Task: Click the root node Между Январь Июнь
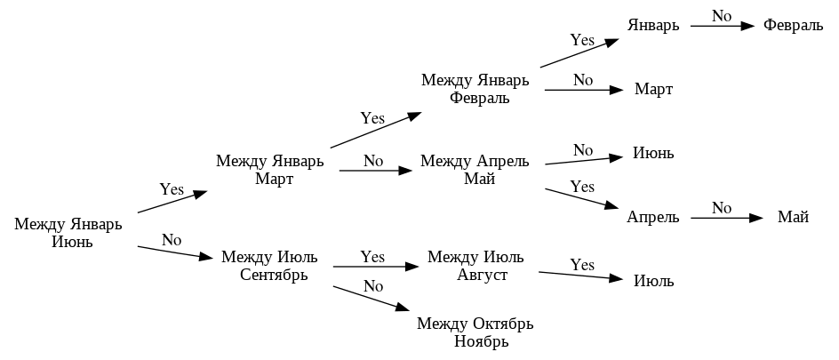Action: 68,233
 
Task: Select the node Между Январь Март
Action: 270,170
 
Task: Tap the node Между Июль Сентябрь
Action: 269,265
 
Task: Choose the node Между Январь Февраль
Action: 475,89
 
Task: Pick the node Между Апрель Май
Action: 475,170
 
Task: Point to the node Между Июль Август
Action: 475,265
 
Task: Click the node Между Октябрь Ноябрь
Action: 475,332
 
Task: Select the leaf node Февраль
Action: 793,25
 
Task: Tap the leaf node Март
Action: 653,89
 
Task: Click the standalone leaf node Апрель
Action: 652,217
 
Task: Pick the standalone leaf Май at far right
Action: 793,217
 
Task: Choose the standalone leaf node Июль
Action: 653,281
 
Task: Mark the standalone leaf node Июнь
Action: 653,153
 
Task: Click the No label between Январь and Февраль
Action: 722,16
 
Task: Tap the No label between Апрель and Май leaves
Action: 722,208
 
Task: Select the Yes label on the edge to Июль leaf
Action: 582,265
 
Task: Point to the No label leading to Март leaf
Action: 583,80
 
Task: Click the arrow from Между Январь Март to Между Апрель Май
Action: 373,170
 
